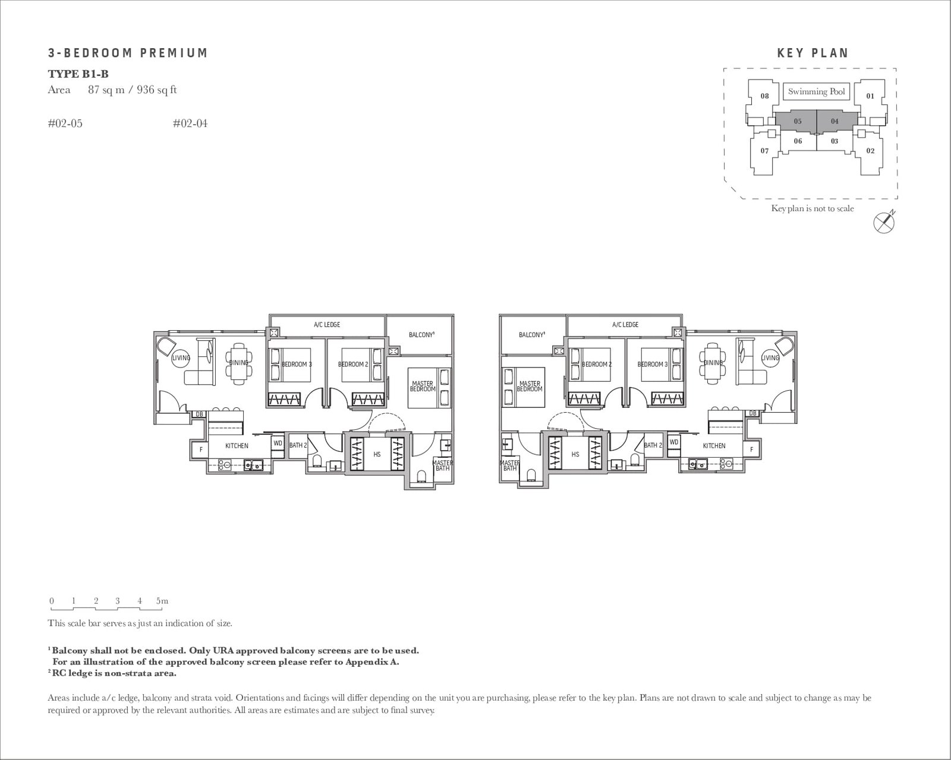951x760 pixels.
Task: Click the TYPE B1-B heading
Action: pyautogui.click(x=78, y=74)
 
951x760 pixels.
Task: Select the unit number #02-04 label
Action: pyautogui.click(x=190, y=123)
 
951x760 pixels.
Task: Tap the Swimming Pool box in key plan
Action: pyautogui.click(x=816, y=91)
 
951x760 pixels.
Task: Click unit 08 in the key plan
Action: pyautogui.click(x=764, y=96)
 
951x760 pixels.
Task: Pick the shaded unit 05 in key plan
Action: pyautogui.click(x=797, y=121)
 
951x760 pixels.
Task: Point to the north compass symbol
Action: pyautogui.click(x=884, y=221)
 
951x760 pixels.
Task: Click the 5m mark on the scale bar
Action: pyautogui.click(x=162, y=601)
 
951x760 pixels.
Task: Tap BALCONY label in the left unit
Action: pyautogui.click(x=421, y=335)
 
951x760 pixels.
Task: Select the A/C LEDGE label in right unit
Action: pyautogui.click(x=625, y=325)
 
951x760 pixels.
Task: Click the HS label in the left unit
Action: pyautogui.click(x=377, y=454)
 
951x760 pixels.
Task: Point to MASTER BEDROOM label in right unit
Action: pyautogui.click(x=529, y=387)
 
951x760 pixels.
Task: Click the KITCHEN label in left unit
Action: pyautogui.click(x=237, y=446)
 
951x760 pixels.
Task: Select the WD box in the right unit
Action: pyautogui.click(x=673, y=442)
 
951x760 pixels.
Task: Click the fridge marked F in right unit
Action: pyautogui.click(x=751, y=449)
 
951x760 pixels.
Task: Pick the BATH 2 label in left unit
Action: pyautogui.click(x=298, y=445)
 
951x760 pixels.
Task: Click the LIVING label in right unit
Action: pyautogui.click(x=770, y=358)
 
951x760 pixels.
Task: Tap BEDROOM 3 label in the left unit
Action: pyautogui.click(x=297, y=364)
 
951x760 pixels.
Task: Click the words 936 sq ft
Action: pyautogui.click(x=156, y=90)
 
